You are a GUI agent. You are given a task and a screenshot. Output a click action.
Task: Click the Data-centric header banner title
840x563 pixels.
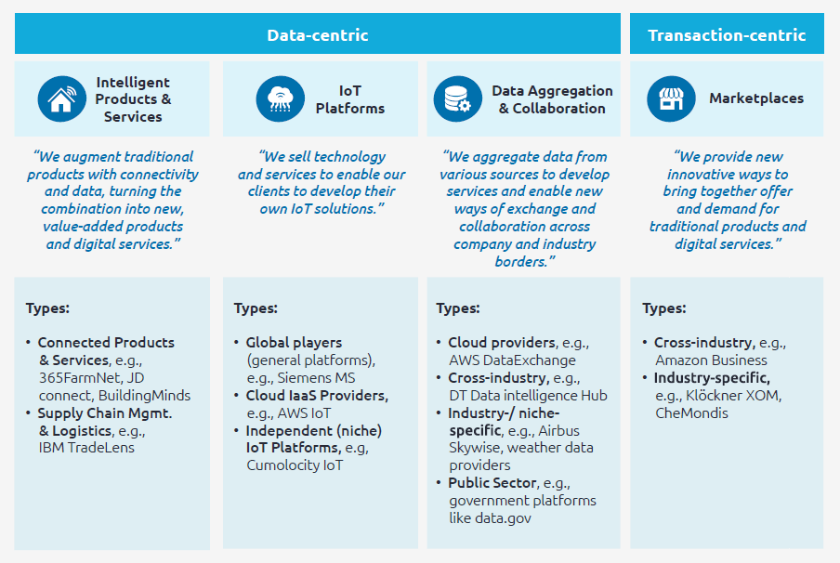click(318, 35)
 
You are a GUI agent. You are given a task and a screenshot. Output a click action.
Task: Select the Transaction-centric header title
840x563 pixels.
click(727, 35)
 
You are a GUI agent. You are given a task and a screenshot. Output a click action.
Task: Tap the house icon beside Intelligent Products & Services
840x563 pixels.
click(62, 99)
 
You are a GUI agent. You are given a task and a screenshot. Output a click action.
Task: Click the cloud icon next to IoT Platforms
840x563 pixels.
click(280, 99)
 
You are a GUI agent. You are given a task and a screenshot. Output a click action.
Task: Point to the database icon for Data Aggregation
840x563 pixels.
click(457, 99)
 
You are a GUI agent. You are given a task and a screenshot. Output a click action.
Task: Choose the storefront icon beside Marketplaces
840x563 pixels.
click(671, 98)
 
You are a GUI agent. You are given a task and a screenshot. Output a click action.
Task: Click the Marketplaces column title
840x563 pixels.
click(756, 98)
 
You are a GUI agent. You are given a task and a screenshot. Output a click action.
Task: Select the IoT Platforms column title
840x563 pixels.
click(349, 99)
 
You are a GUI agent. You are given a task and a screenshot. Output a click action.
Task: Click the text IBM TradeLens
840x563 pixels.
click(86, 448)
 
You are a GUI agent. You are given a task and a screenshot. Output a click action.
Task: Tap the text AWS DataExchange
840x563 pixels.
click(512, 360)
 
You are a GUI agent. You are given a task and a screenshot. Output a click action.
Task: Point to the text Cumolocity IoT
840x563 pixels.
click(295, 465)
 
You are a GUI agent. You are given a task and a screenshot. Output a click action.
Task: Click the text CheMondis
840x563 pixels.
click(692, 412)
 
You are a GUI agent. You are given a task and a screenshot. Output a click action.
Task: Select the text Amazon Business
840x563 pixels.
click(711, 360)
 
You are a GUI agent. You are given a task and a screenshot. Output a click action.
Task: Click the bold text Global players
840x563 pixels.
click(294, 343)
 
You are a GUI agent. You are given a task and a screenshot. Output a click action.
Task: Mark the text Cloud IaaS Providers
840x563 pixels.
click(317, 396)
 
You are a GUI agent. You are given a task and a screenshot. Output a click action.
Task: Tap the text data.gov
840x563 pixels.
click(505, 517)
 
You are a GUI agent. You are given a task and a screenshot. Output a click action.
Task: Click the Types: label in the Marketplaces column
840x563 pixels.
click(664, 308)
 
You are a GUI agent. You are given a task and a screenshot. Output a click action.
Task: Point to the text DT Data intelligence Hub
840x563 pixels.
click(528, 396)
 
